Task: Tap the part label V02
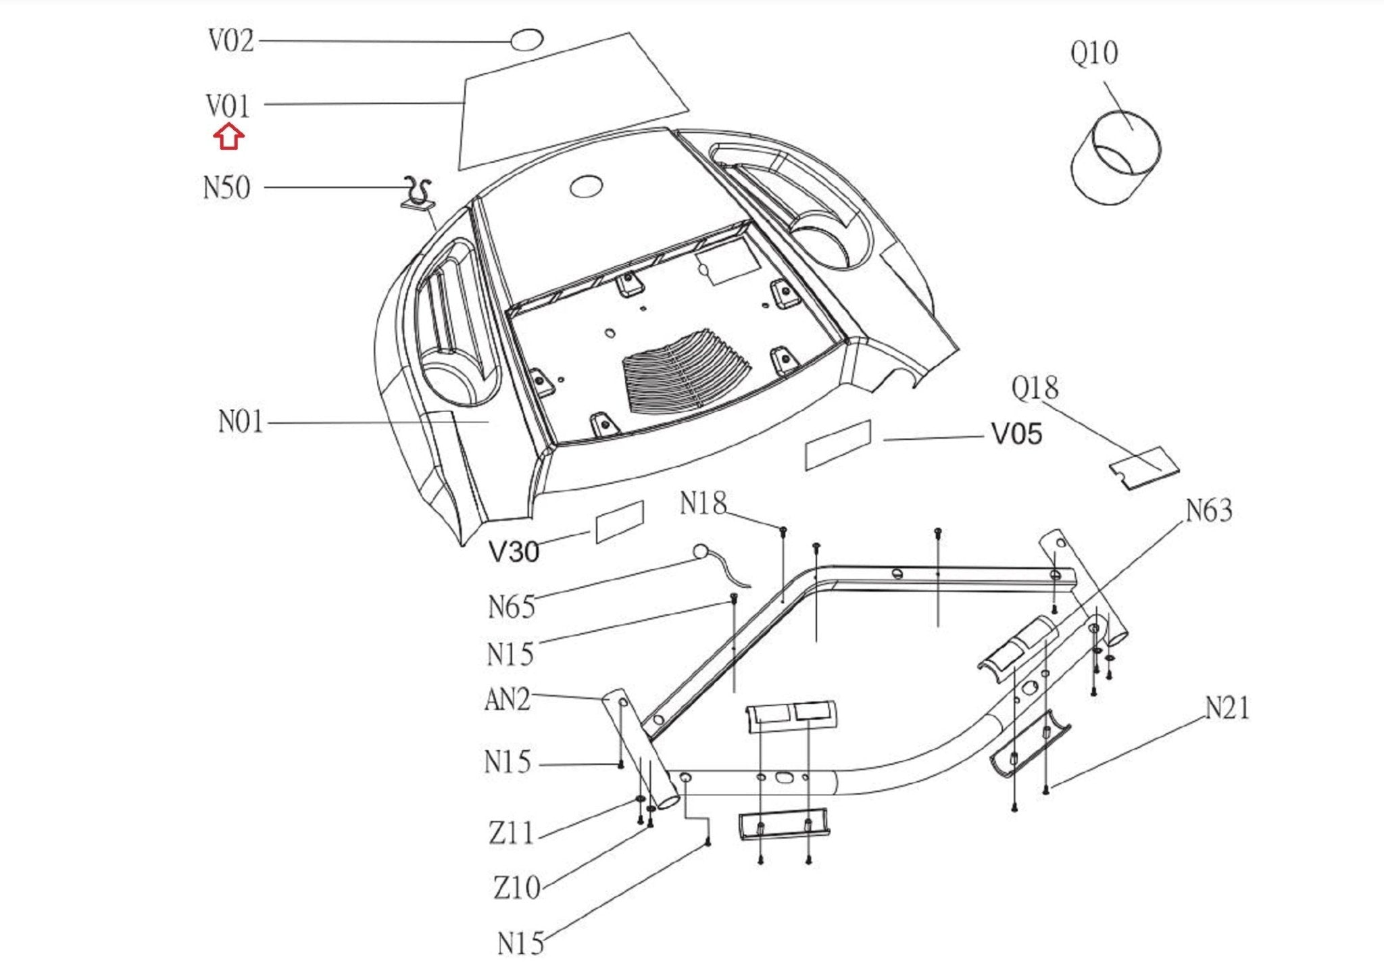point(231,41)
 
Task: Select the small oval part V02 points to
point(526,40)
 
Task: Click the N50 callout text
point(227,188)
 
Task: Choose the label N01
point(241,422)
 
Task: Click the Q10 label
point(1094,53)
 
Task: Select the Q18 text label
point(1035,388)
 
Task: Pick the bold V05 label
point(1016,434)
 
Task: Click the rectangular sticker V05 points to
point(838,445)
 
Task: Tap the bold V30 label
point(514,552)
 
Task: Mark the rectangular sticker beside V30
point(620,522)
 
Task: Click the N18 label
point(703,503)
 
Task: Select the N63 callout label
point(1210,511)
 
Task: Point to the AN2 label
point(508,700)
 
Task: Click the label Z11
point(511,833)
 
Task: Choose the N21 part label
point(1227,708)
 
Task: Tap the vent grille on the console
point(685,372)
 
